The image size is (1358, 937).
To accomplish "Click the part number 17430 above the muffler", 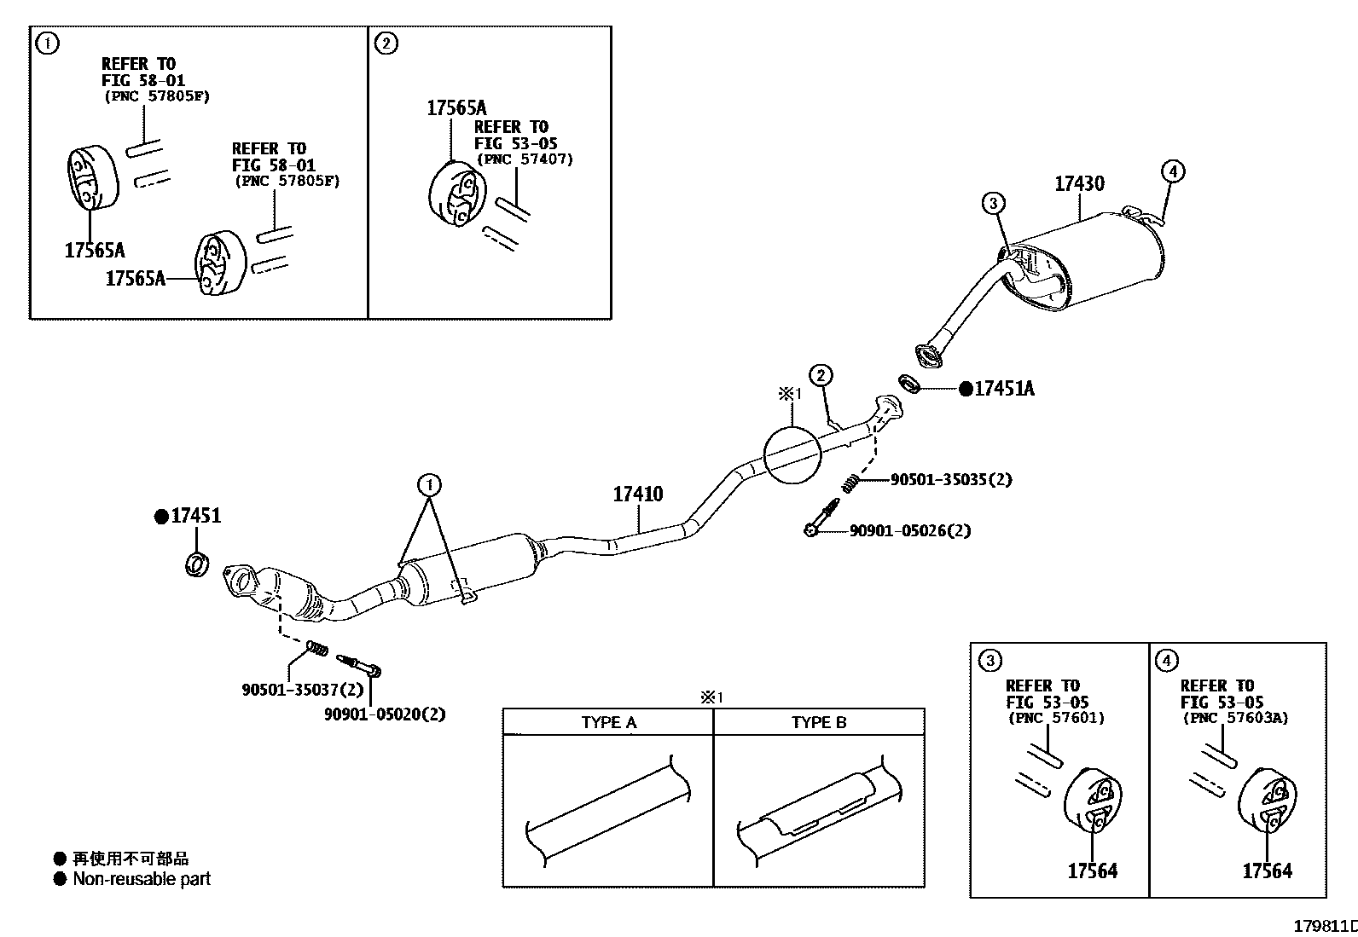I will pyautogui.click(x=1079, y=184).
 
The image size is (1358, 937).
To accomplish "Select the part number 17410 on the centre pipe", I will pyautogui.click(x=638, y=495).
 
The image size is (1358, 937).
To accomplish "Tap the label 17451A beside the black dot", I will pyautogui.click(x=1004, y=389).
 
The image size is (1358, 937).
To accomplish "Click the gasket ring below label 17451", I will pyautogui.click(x=197, y=564).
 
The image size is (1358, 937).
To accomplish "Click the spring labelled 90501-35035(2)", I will pyautogui.click(x=849, y=483).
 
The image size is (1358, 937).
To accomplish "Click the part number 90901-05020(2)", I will pyautogui.click(x=385, y=714).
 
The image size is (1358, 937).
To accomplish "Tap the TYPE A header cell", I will pyautogui.click(x=608, y=722).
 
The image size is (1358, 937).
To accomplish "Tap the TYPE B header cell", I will pyautogui.click(x=819, y=722).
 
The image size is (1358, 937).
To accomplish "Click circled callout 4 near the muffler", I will pyautogui.click(x=1173, y=171).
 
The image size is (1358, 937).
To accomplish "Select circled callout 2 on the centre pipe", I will pyautogui.click(x=820, y=375).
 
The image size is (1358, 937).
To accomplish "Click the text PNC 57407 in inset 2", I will pyautogui.click(x=525, y=159).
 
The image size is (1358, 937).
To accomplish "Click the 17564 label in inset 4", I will pyautogui.click(x=1267, y=870).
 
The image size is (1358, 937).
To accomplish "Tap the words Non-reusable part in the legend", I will pyautogui.click(x=141, y=879).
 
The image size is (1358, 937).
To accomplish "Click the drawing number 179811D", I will pyautogui.click(x=1325, y=926).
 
